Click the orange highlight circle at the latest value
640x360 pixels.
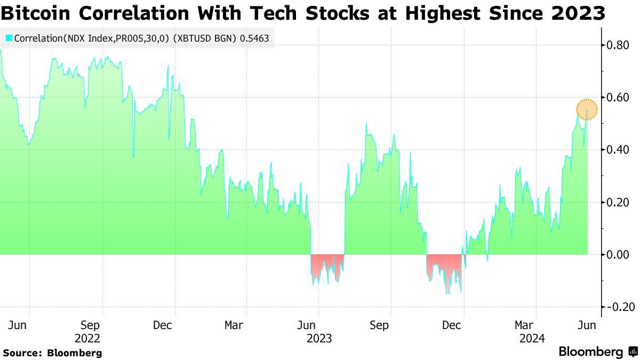pos(587,109)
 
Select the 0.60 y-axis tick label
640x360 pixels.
pos(617,97)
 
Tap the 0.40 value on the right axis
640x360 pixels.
pos(617,150)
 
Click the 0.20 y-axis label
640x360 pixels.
pos(617,202)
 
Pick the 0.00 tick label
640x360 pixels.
pos(617,254)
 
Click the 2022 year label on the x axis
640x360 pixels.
pos(87,338)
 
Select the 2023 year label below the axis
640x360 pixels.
pos(319,338)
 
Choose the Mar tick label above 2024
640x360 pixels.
pos(524,325)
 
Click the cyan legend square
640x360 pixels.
pos(9,38)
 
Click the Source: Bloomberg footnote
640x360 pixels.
pos(52,353)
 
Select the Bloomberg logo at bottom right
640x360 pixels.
pos(597,351)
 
